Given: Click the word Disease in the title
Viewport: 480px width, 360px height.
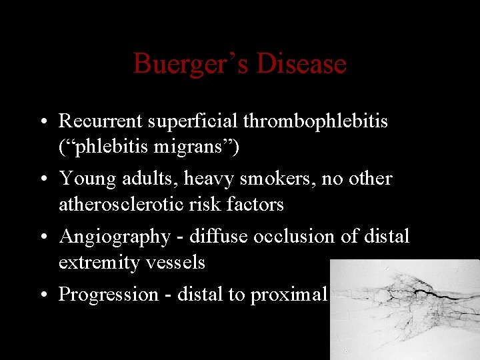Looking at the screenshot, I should pyautogui.click(x=301, y=64).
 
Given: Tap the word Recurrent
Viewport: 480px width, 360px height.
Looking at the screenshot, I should pyautogui.click(x=101, y=121).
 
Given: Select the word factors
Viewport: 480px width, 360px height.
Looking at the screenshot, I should pyautogui.click(x=258, y=204).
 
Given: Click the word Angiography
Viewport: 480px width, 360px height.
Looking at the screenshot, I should pyautogui.click(x=115, y=237).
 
